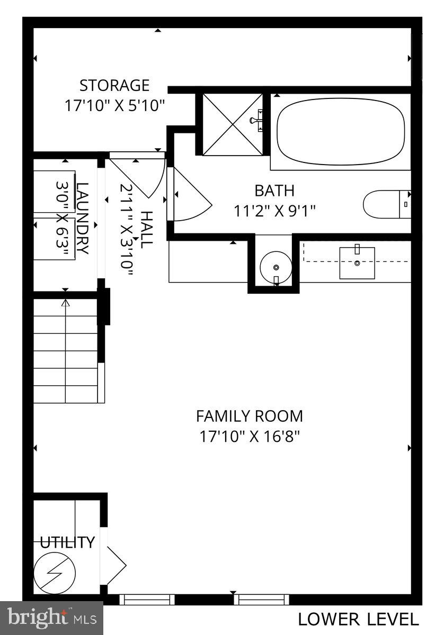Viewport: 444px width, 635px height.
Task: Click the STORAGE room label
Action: coord(114,85)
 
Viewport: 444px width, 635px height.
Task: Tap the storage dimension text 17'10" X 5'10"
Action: coord(115,105)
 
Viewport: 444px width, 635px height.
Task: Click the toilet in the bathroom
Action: coord(387,204)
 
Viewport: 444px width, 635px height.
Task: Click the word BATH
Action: coord(274,190)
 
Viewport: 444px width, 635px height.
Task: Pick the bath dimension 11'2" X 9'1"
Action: coord(274,211)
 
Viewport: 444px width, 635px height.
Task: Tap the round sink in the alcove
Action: coord(276,265)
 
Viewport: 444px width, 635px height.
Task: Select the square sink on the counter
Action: coord(357,262)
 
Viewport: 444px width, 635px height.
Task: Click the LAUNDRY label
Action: coord(83,218)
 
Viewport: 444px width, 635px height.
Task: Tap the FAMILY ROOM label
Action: coord(250,416)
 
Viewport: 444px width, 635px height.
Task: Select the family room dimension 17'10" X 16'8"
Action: coord(250,437)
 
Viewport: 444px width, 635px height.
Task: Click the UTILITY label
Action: coord(68,542)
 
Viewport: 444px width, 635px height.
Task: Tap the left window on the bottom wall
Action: coord(147,599)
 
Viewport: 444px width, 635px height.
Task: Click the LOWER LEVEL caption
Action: coord(358,619)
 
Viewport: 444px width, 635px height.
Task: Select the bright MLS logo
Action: coord(51,618)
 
